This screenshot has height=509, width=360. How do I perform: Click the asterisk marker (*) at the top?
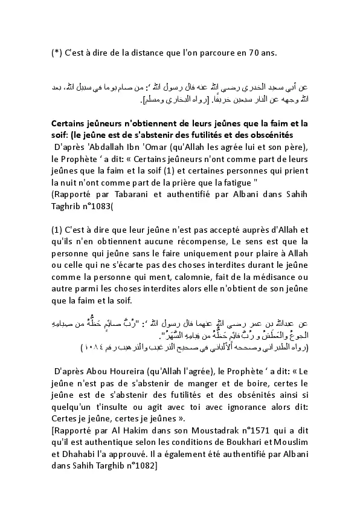55,53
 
